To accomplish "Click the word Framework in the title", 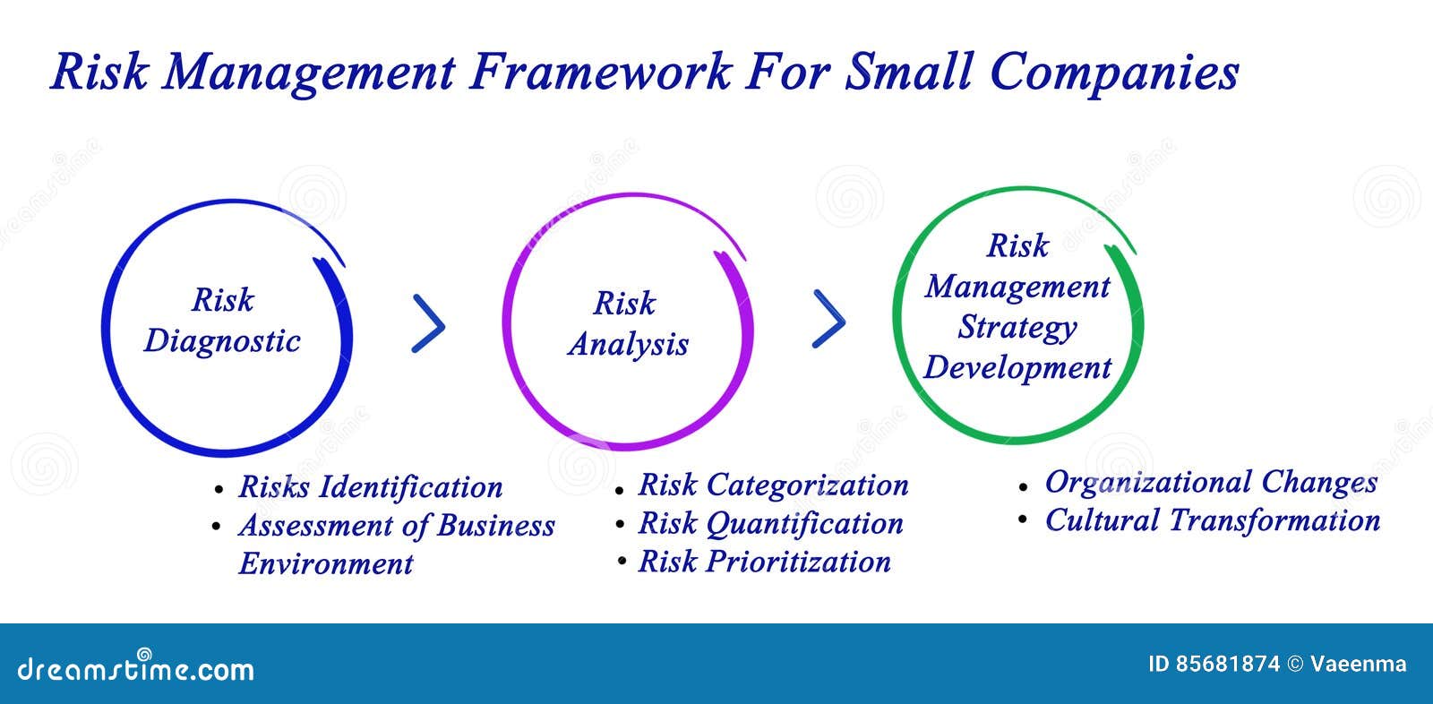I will pos(601,72).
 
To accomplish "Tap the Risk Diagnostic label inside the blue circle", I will pos(222,321).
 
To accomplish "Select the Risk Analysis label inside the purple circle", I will pos(628,323).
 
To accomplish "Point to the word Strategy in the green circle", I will pos(1017,328).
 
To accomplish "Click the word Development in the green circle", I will pos(1017,367).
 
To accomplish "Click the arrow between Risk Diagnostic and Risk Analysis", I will pos(429,323).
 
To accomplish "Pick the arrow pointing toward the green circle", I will pos(828,319).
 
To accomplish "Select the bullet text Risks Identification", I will pos(370,487).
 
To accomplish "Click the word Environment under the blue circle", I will pos(326,564).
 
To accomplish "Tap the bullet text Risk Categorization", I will pos(773,485).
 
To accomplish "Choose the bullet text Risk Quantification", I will pos(770,524).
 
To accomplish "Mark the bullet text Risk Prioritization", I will pos(764,562).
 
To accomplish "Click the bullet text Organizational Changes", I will pos(1211,482).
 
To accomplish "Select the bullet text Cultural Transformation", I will pos(1212,520).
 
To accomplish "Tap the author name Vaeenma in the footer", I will pos(1359,665).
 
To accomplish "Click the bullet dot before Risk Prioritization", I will pos(621,563).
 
